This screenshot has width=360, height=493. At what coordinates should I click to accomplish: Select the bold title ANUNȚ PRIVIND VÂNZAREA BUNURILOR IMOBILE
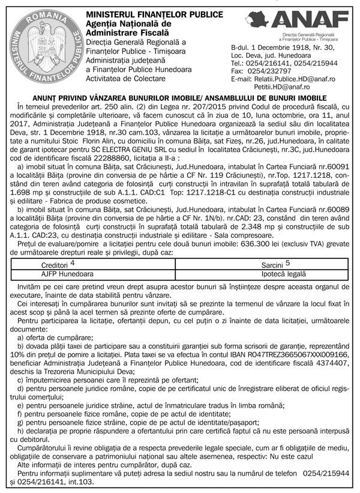(179, 97)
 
